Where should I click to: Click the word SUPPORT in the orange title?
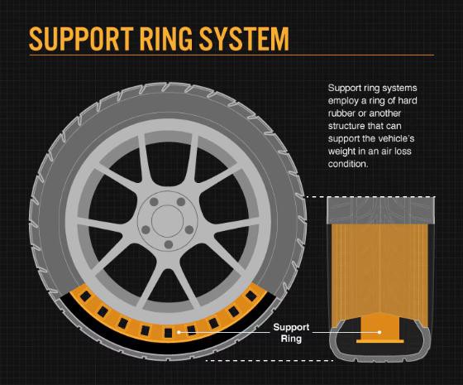(x=79, y=39)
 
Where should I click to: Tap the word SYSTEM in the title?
(x=244, y=39)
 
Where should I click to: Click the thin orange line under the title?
(x=231, y=55)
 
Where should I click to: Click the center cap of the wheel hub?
(x=167, y=220)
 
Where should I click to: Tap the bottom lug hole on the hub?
(x=169, y=244)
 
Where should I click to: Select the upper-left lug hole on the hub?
(x=154, y=202)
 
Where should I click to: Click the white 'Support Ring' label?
(x=291, y=333)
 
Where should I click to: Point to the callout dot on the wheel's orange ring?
(x=179, y=332)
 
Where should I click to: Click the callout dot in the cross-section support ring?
(x=379, y=332)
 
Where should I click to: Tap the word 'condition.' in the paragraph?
(x=348, y=164)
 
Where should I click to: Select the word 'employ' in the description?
(x=342, y=101)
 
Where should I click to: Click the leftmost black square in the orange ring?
(x=86, y=296)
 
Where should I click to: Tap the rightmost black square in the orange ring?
(x=251, y=295)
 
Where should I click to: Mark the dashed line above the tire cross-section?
(x=371, y=197)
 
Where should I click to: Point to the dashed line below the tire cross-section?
(x=270, y=361)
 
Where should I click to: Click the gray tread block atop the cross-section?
(x=380, y=210)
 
